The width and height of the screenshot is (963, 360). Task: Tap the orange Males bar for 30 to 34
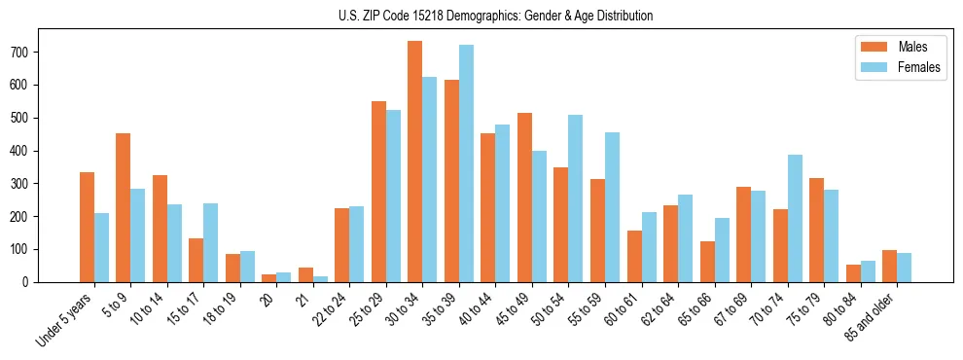pyautogui.click(x=415, y=162)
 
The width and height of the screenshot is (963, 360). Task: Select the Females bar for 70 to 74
pyautogui.click(x=795, y=218)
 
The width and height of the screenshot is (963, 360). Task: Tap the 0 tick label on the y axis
pyautogui.click(x=31, y=282)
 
